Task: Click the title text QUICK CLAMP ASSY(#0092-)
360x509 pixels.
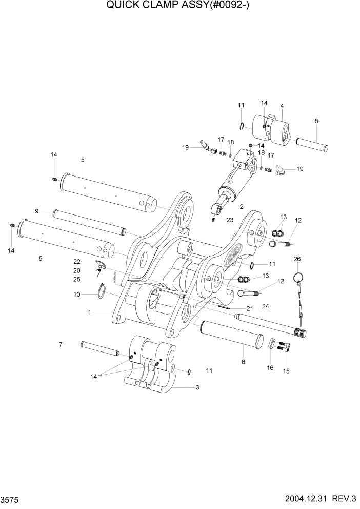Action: (x=179, y=6)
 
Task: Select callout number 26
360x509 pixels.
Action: (x=296, y=260)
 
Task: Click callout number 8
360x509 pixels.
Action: (x=316, y=121)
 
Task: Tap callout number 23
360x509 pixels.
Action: (x=230, y=220)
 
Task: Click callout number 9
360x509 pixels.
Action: (x=37, y=211)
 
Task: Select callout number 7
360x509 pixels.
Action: (x=60, y=344)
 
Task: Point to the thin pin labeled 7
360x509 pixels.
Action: (x=99, y=349)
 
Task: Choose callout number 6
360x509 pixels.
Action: (x=243, y=362)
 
